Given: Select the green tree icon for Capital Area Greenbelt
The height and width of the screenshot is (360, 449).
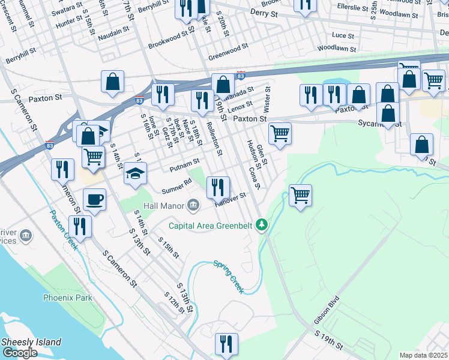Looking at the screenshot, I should tap(261, 225).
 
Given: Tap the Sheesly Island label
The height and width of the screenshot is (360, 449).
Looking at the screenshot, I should tap(31, 342).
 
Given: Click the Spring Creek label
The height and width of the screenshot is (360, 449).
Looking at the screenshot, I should tap(229, 276).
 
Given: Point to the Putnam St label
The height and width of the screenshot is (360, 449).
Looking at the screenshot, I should tap(184, 163).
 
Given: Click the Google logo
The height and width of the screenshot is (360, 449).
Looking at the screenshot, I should tap(19, 353).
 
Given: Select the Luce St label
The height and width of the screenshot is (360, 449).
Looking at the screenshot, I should tap(343, 36).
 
